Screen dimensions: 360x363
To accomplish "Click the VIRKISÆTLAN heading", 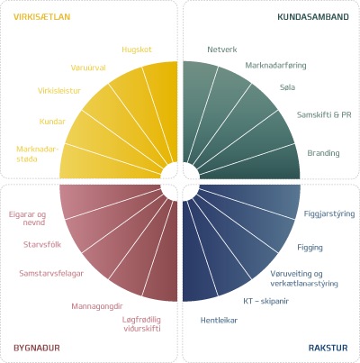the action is point(42,17).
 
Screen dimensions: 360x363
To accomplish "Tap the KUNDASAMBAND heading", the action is point(313,17).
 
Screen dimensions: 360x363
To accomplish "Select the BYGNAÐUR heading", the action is point(37,348).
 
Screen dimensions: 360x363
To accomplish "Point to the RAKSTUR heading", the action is point(328,348).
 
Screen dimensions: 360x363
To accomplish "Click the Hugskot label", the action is point(137,50).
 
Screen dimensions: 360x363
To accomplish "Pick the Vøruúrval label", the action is point(88,68).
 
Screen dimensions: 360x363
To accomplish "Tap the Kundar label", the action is point(52,122).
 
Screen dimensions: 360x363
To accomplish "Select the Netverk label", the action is point(222,50).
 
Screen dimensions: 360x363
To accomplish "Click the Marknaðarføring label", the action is point(275,66).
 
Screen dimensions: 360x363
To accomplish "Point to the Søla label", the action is point(287,87).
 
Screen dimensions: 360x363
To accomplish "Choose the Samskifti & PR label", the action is point(324,115).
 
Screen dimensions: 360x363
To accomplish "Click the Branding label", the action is point(323,153).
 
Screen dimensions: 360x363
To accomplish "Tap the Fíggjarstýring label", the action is point(329,214).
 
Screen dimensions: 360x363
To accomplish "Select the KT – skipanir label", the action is point(266,301).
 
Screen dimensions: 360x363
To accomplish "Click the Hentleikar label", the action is point(219,321).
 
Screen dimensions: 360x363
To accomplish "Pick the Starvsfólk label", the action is point(42,245).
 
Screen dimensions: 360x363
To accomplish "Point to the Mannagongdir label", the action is point(97,306).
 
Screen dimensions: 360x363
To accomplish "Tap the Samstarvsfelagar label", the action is point(51,274).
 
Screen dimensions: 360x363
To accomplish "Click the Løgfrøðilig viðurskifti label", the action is point(141,324).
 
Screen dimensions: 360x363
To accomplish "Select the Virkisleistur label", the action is point(59,91).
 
